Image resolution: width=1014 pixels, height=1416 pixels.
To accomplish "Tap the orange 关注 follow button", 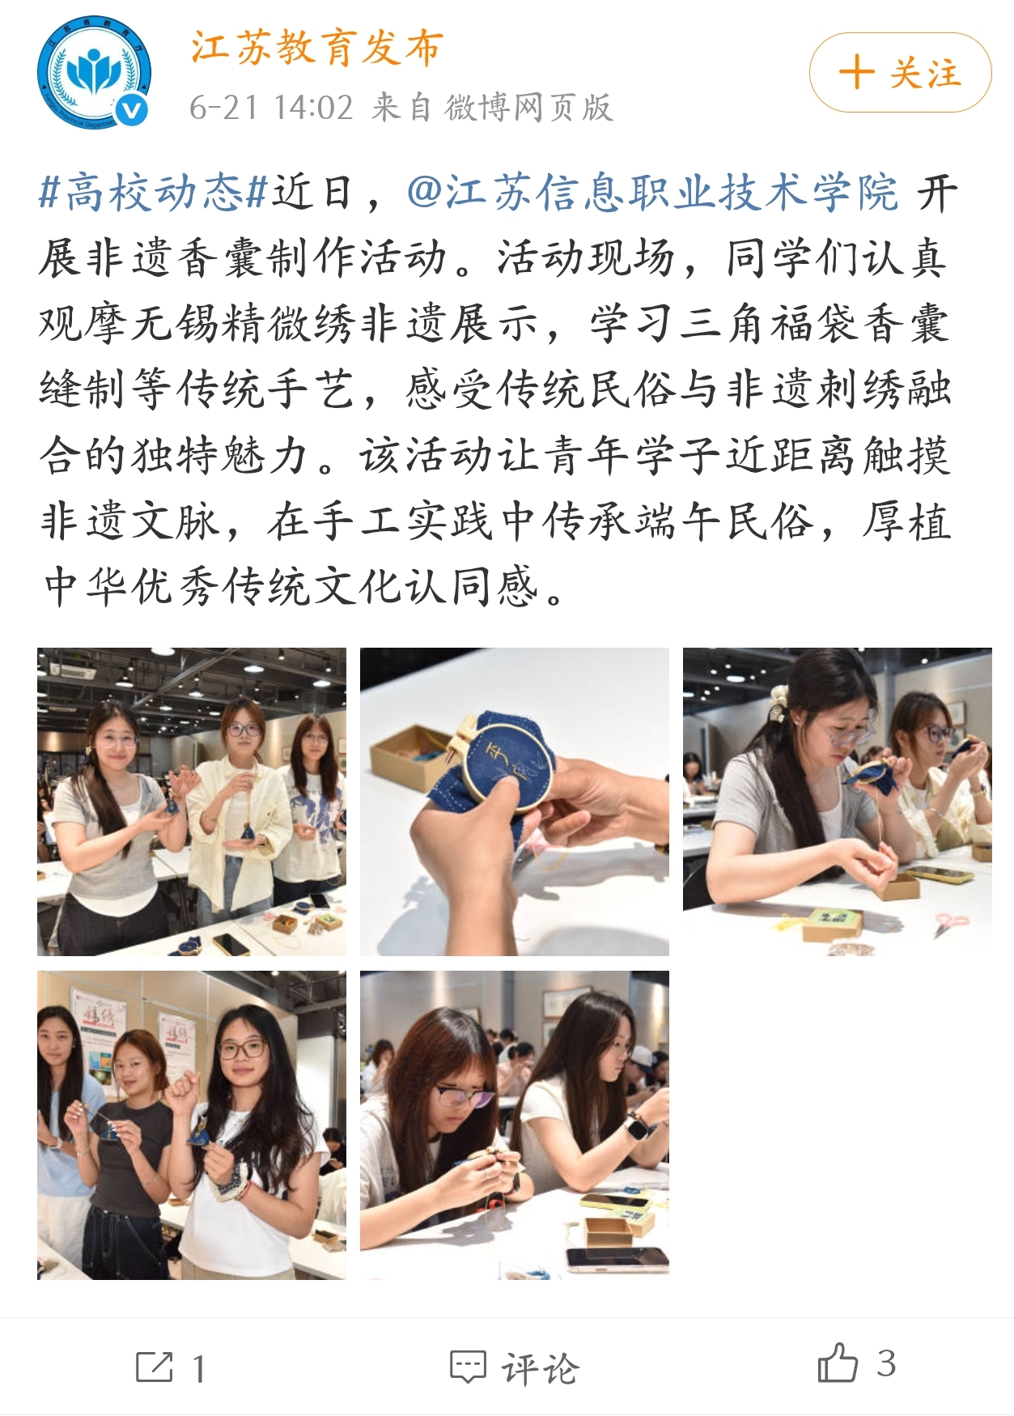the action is click(900, 73).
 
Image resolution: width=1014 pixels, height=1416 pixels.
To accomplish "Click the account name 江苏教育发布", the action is click(317, 48).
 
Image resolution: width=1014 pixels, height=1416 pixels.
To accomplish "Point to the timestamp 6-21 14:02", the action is click(271, 107).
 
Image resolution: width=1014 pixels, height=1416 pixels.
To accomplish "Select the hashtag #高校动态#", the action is click(153, 193).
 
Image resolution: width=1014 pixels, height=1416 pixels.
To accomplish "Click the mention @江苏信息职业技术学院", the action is click(652, 193).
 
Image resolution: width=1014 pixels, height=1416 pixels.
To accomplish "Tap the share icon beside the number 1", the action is click(154, 1367).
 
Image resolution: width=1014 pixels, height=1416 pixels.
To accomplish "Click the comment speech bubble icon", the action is click(468, 1367).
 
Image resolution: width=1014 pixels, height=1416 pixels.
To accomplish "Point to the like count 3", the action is click(886, 1363).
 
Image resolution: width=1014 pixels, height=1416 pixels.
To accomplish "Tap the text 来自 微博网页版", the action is click(492, 107).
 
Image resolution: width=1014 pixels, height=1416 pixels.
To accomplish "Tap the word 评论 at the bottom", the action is click(540, 1367).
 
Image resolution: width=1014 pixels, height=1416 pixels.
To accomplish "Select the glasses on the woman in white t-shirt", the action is click(242, 1049).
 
